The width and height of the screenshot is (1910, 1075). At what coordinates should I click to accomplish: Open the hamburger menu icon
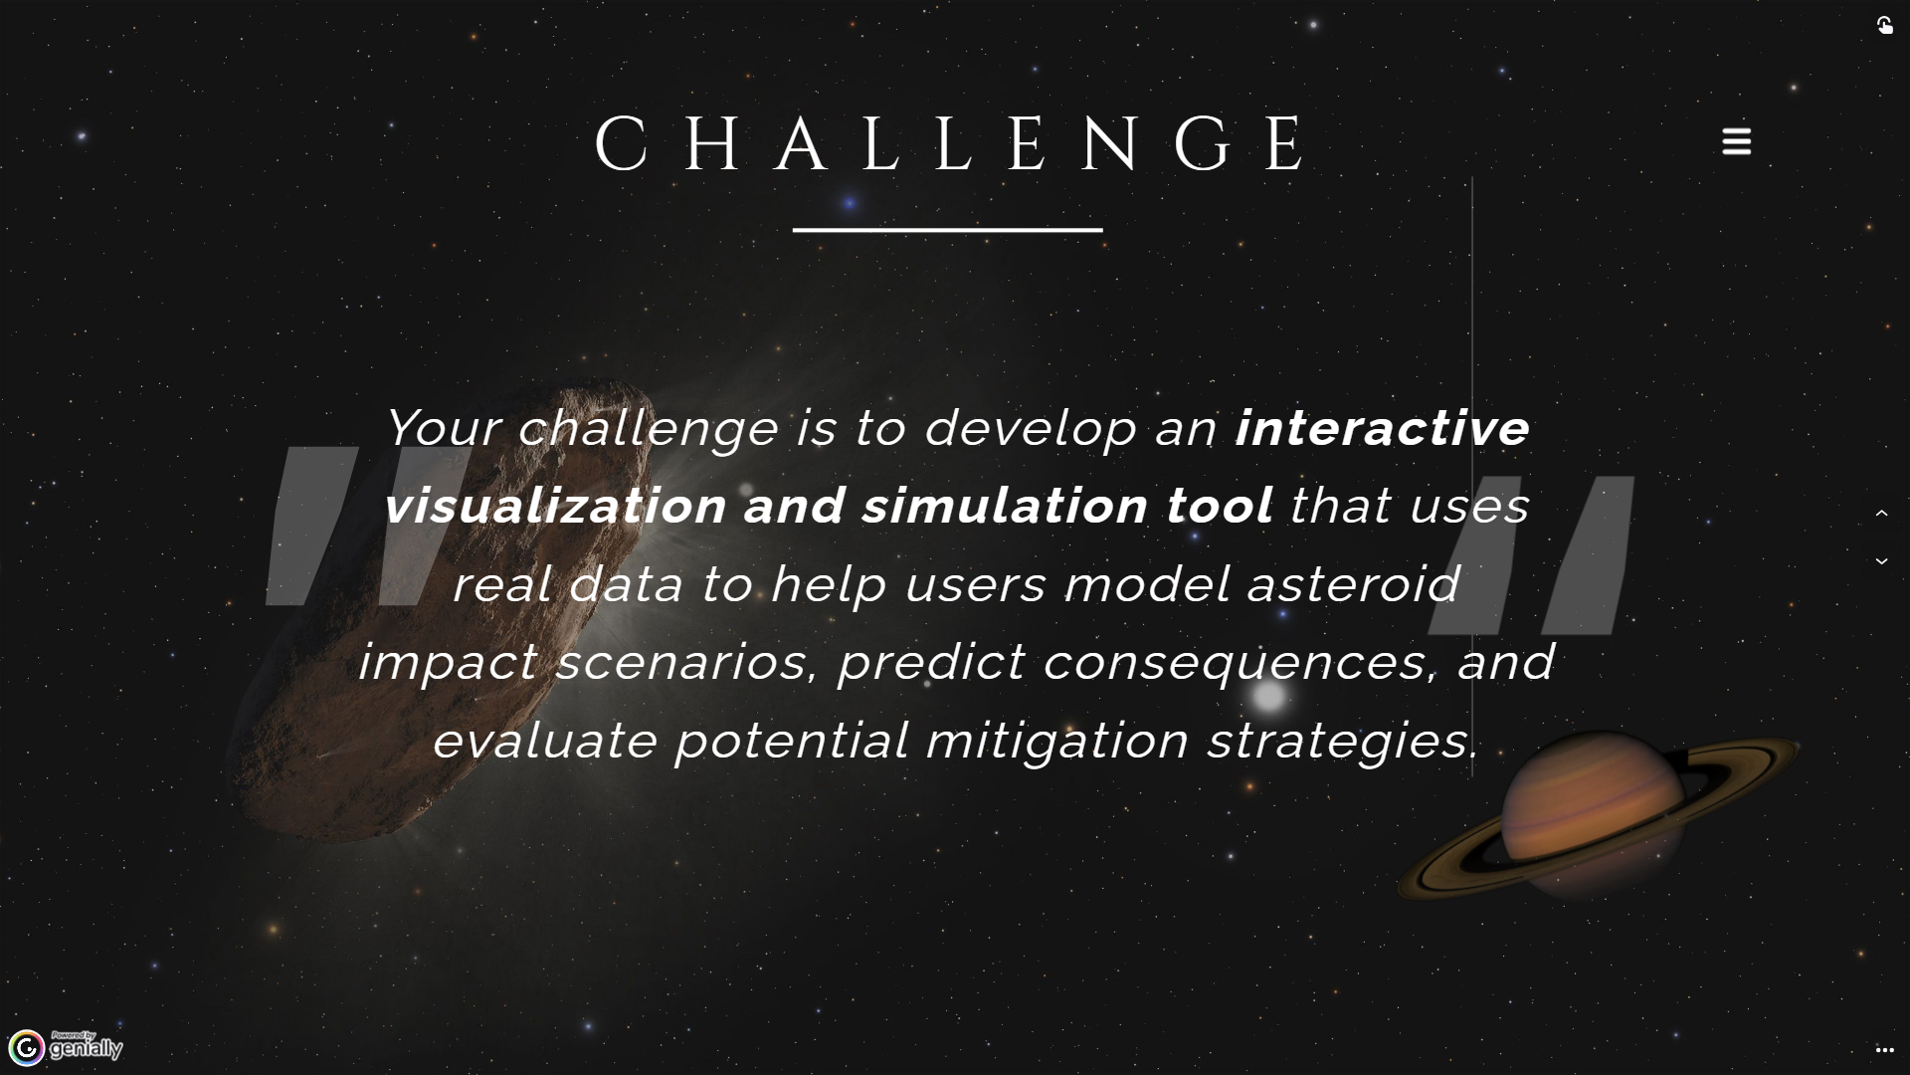click(x=1736, y=141)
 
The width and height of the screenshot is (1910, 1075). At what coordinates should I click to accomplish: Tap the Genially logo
click(x=66, y=1047)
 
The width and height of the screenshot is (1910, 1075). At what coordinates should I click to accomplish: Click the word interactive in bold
click(x=1382, y=428)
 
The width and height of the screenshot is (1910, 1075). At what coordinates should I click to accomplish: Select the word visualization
click(x=555, y=506)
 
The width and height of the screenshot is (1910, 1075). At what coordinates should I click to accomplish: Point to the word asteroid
click(x=1353, y=583)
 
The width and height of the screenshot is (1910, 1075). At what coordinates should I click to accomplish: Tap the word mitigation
click(x=1057, y=741)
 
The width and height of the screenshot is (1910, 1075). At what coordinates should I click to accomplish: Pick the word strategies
click(x=1343, y=741)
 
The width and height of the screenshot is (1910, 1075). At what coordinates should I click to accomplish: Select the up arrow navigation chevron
click(x=1881, y=514)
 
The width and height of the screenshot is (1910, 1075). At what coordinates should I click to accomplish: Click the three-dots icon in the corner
click(x=1884, y=1050)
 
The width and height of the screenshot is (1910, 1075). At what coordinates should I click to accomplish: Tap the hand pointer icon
click(x=1884, y=25)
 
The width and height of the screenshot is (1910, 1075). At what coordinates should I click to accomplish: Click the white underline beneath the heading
click(x=947, y=230)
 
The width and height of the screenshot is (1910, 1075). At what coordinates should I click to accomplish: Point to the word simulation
click(x=1006, y=506)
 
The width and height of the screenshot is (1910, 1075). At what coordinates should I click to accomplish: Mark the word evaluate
click(x=545, y=741)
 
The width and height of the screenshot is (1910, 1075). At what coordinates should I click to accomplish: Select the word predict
click(x=931, y=662)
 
